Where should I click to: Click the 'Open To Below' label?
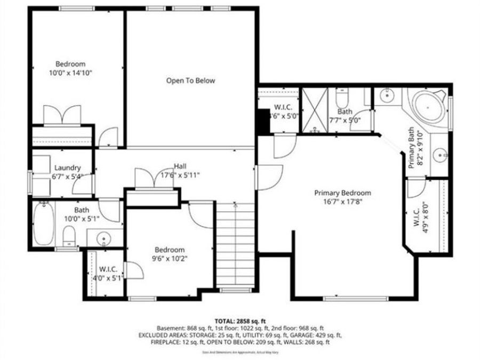pos(190,81)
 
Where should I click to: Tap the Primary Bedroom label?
pos(342,193)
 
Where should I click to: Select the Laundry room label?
pos(67,167)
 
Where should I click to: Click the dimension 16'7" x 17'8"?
pos(342,202)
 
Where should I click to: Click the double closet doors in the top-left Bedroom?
pos(62,115)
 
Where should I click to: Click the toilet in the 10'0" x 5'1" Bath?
pos(68,235)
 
